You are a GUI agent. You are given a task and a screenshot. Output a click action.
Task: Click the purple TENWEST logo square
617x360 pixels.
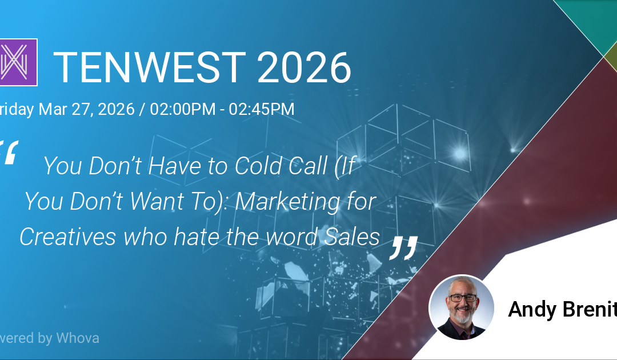click(18, 62)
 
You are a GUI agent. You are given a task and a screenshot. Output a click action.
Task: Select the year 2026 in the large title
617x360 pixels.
click(304, 67)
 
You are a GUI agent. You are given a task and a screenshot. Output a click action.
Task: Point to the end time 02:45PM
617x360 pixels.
click(262, 109)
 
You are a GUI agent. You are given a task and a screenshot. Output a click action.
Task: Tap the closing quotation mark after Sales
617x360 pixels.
click(403, 247)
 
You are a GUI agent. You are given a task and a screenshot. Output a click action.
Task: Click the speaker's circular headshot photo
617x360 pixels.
click(461, 307)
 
